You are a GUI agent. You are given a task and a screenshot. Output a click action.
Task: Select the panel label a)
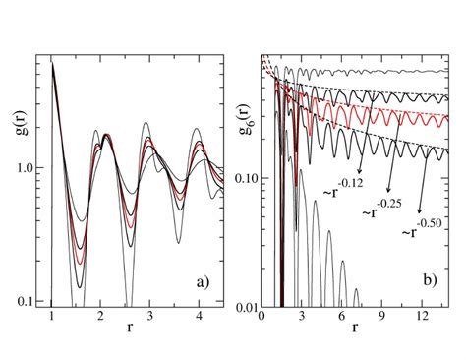pos(204,282)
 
